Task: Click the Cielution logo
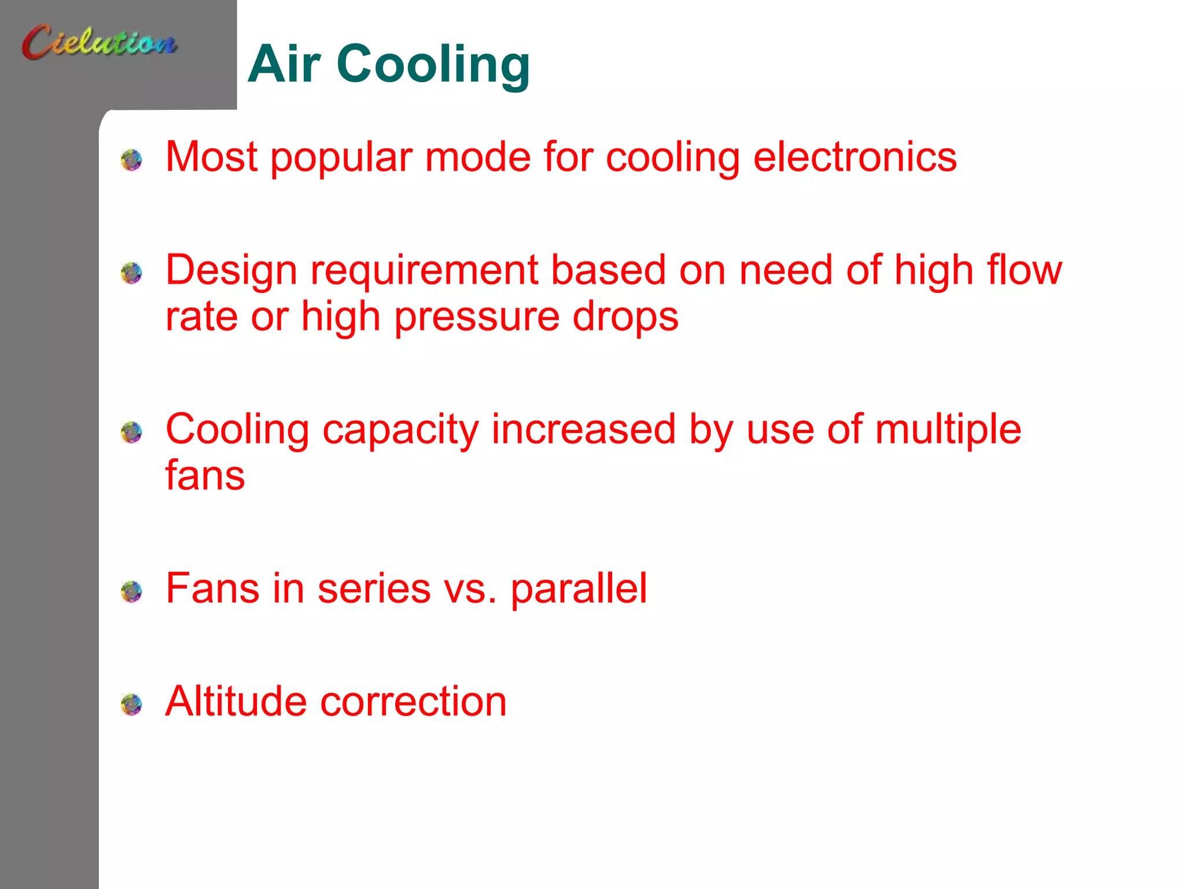click(x=100, y=42)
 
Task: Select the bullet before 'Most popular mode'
click(x=131, y=159)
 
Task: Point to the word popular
click(x=341, y=158)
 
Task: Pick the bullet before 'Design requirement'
click(x=131, y=272)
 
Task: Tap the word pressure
click(x=477, y=318)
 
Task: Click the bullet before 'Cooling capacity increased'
click(x=131, y=432)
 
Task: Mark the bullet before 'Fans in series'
click(x=131, y=591)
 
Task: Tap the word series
click(x=374, y=589)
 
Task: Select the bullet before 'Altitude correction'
click(x=131, y=704)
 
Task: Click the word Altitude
click(x=236, y=701)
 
